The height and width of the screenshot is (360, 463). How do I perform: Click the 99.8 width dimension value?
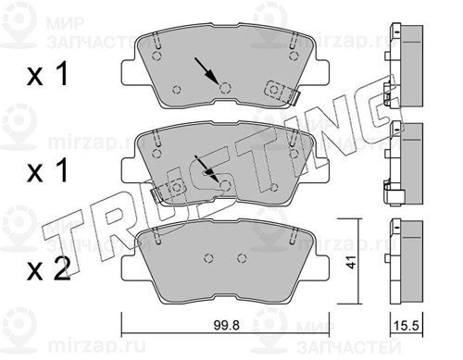(226, 325)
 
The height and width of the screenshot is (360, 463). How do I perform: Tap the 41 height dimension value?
(352, 262)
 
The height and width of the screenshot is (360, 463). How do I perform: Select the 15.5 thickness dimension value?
(407, 326)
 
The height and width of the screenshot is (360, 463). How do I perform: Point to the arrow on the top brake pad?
(206, 70)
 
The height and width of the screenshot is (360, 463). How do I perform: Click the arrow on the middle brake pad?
(207, 168)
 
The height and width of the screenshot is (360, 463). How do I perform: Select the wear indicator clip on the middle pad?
(168, 191)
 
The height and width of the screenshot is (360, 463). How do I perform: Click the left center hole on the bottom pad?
(209, 258)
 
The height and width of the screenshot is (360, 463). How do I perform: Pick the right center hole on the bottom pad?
(243, 258)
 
